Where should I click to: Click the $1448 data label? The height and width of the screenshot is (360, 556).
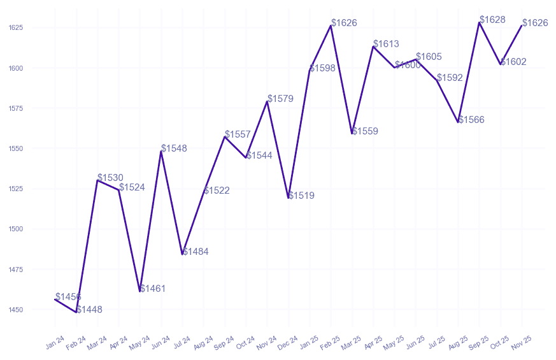89,310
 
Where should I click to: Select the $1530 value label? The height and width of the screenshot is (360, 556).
110,178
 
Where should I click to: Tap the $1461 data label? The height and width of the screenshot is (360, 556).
153,289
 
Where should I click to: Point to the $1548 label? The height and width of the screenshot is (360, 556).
174,148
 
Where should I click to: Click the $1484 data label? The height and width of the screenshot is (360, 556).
196,252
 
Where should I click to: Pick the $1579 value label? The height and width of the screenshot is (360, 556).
280,99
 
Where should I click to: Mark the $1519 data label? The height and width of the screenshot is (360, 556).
301,196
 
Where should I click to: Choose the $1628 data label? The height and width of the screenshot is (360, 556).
492,20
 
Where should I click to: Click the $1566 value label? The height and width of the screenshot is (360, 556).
471,120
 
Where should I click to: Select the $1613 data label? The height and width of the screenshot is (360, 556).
386,44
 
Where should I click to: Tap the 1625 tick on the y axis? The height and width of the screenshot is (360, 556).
16,28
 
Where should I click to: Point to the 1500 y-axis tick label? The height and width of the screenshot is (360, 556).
16,229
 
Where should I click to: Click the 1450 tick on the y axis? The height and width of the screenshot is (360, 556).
16,310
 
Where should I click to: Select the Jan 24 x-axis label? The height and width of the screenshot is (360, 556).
55,342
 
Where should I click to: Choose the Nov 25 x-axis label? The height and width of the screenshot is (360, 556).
522,342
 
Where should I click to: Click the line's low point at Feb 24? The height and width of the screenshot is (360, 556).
76,312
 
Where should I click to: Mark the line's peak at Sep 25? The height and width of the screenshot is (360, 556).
479,22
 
